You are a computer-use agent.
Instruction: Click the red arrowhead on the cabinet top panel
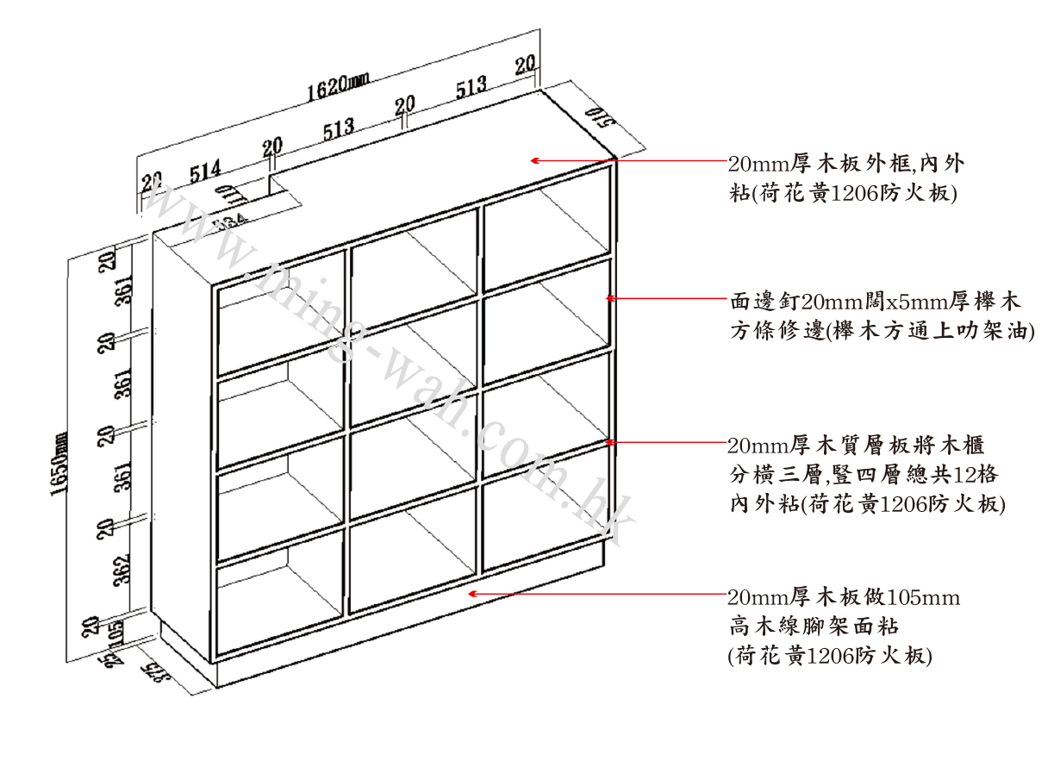[x=535, y=160]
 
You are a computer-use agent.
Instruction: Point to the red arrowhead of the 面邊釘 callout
[x=610, y=298]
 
